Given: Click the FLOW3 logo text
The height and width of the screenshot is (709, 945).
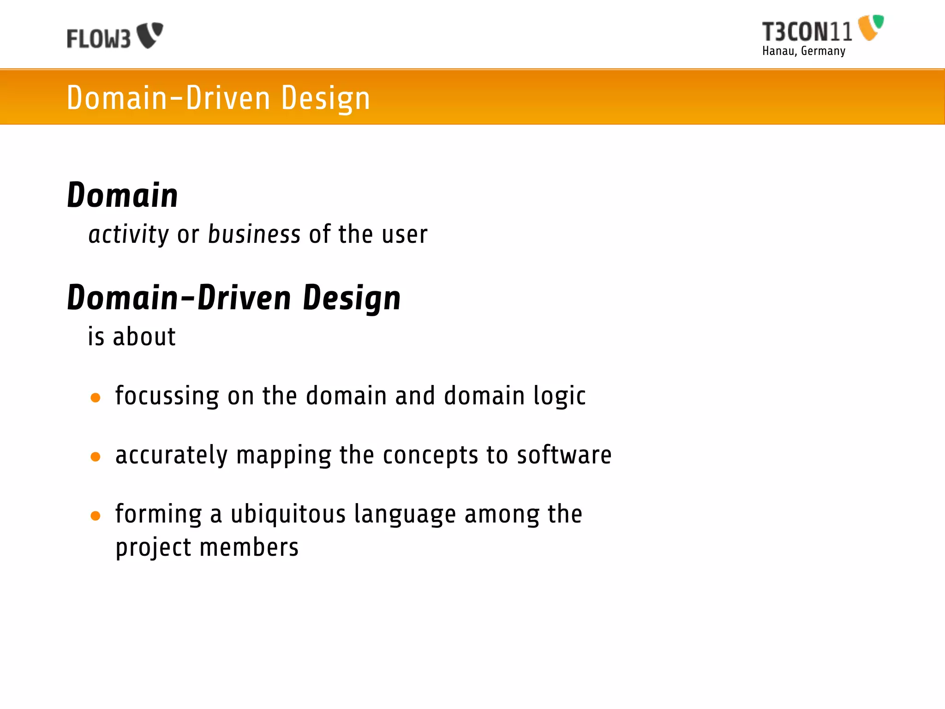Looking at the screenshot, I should pyautogui.click(x=99, y=39).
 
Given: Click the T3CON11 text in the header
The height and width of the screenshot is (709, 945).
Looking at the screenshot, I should pyautogui.click(x=807, y=32).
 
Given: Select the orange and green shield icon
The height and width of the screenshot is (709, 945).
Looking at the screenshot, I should pyautogui.click(x=870, y=27).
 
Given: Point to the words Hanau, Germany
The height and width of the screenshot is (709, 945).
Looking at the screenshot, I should pyautogui.click(x=804, y=51).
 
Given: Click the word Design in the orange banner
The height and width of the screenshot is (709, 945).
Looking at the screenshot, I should pyautogui.click(x=325, y=98).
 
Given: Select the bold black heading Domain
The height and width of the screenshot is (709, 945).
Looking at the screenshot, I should pyautogui.click(x=122, y=195).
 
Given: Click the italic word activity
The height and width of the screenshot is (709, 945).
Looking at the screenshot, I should pyautogui.click(x=129, y=234).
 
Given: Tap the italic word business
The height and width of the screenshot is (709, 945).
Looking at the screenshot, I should pyautogui.click(x=254, y=234).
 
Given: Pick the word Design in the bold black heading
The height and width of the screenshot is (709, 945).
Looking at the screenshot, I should pyautogui.click(x=352, y=299).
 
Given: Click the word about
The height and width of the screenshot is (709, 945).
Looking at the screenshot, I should pyautogui.click(x=144, y=336).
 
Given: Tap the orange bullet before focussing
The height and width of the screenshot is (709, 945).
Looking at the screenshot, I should pyautogui.click(x=96, y=397).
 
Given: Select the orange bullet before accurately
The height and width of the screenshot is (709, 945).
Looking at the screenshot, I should pyautogui.click(x=96, y=457).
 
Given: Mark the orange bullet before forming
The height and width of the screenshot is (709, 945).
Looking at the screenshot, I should pyautogui.click(x=96, y=516).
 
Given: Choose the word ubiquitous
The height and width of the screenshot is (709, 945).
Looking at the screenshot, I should pyautogui.click(x=288, y=514).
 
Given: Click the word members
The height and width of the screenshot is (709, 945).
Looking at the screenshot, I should pyautogui.click(x=249, y=547).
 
